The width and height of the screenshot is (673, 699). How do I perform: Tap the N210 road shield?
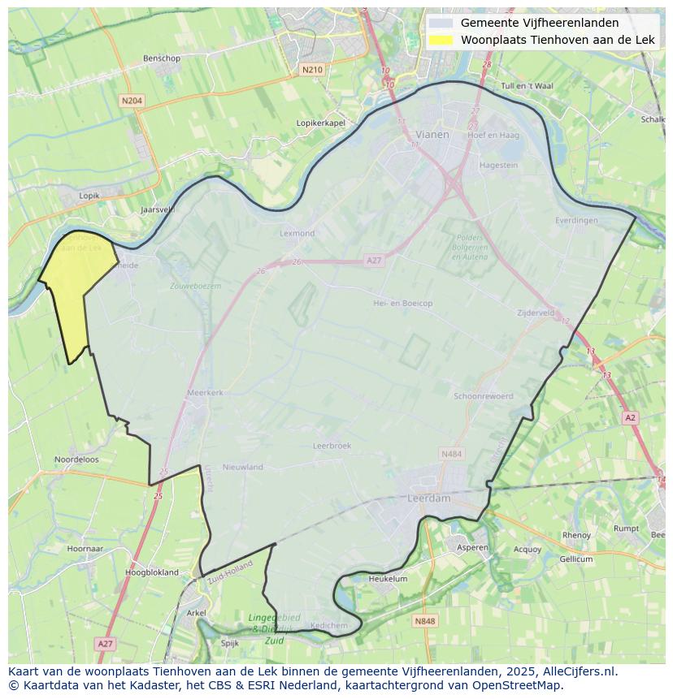tap(312, 70)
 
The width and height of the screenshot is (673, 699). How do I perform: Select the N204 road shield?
tap(131, 101)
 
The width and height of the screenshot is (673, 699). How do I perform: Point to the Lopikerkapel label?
tap(321, 123)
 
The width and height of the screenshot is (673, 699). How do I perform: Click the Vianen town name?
tap(432, 135)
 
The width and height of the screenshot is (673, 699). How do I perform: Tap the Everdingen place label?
tap(576, 220)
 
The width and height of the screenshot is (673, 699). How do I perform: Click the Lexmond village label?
tap(297, 233)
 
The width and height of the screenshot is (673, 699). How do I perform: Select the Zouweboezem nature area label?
tap(195, 286)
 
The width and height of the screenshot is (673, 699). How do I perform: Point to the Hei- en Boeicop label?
tap(402, 303)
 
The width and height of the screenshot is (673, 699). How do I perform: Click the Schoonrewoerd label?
tap(484, 396)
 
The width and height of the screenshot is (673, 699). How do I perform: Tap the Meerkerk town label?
tap(205, 392)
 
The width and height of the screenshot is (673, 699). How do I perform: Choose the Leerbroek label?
tap(332, 446)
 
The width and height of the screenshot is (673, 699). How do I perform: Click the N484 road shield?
tap(451, 454)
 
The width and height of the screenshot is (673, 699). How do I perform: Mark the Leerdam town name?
tap(428, 498)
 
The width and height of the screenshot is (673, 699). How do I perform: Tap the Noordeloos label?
tap(76, 459)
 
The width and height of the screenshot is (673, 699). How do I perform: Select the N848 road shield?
tap(424, 621)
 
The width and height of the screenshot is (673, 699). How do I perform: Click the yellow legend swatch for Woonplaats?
tap(441, 40)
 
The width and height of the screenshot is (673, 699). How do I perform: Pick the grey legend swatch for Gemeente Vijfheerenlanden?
tap(441, 23)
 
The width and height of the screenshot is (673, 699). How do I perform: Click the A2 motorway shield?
tap(630, 417)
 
